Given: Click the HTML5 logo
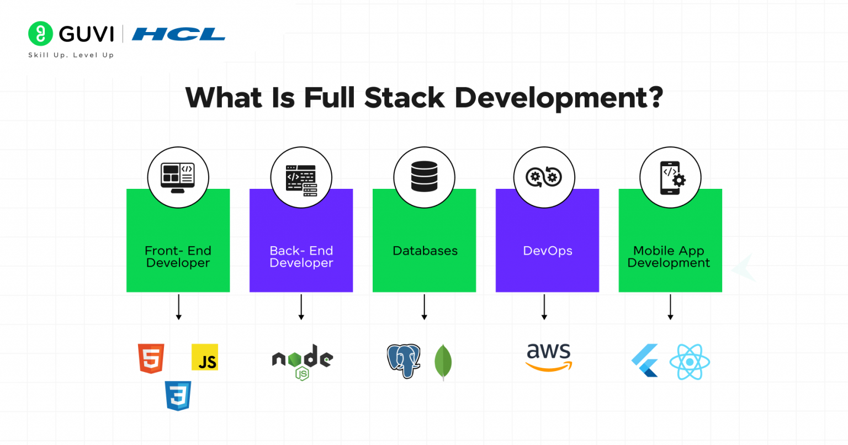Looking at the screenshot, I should tap(151, 358).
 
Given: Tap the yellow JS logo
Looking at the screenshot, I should tap(205, 357).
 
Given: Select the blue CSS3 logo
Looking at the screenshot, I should tap(178, 395).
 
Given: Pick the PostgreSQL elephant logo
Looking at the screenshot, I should tap(404, 361).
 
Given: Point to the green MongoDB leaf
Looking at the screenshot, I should tap(443, 362).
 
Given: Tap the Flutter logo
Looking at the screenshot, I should tap(645, 361).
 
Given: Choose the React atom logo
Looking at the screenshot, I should tap(690, 362).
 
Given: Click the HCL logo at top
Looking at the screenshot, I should tap(178, 35).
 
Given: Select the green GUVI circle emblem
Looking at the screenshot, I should tap(40, 34).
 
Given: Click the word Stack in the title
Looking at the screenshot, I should tap(404, 98).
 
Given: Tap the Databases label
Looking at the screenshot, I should tap(425, 251).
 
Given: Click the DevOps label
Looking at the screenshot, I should tap(548, 251).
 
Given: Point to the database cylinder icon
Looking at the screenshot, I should tap(424, 177).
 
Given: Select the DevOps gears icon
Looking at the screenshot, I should tap(544, 177).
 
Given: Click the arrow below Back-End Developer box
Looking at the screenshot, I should tap(301, 307).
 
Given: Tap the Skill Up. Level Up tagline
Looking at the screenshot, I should tap(71, 55).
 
